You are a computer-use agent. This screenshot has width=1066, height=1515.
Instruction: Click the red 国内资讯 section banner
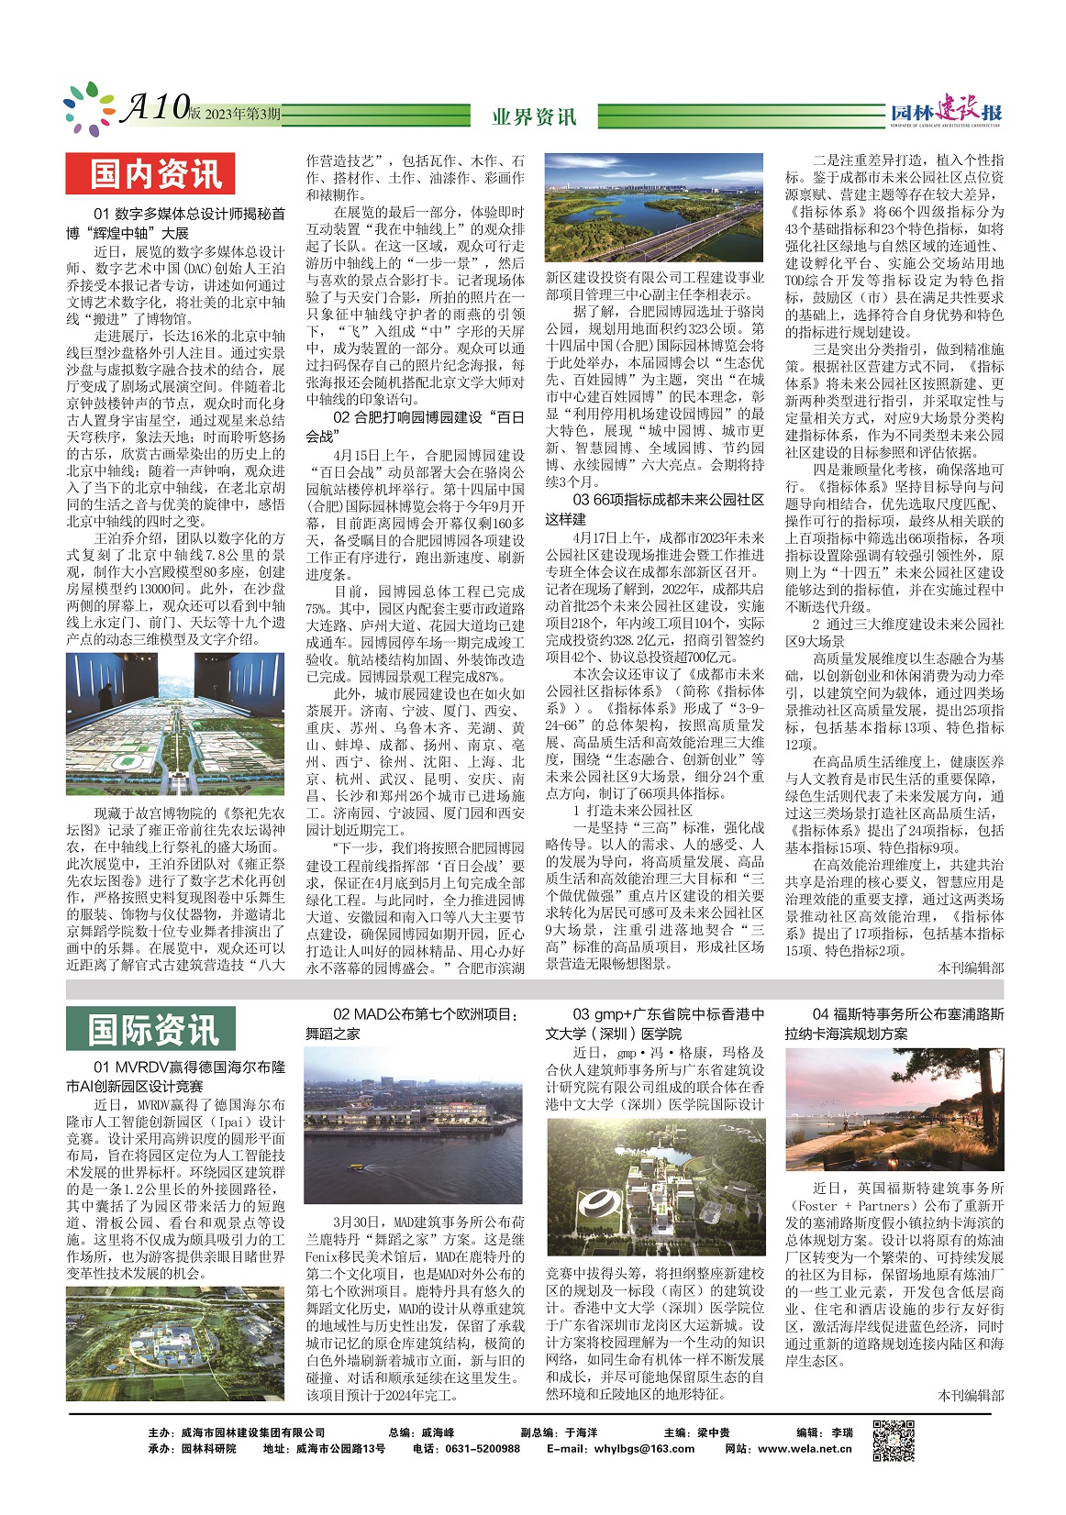point(150,174)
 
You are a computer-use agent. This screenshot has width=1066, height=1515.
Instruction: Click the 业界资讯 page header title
point(534,116)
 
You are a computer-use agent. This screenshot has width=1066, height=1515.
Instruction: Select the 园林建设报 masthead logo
point(946,111)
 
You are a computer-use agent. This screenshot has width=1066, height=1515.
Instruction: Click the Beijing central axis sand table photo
point(175,724)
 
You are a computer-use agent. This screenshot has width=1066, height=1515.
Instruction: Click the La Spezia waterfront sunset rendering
point(894,1111)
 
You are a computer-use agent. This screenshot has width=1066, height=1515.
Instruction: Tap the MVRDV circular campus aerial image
point(175,1344)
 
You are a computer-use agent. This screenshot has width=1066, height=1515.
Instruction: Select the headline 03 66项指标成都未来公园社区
point(654,509)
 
